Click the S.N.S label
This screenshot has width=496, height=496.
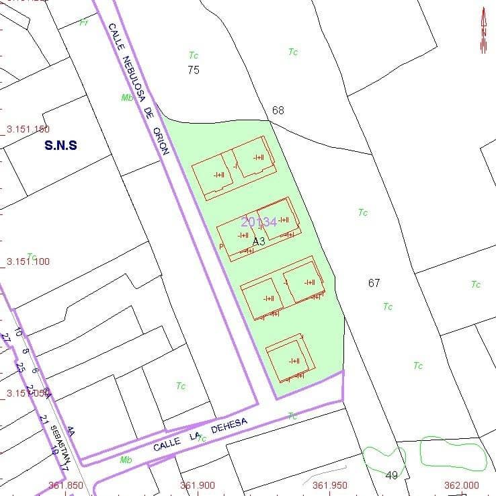60,144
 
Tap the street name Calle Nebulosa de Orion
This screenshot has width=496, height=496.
137,88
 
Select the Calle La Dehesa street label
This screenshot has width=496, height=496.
200,434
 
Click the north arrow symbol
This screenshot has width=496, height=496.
483,31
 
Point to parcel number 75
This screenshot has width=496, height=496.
194,70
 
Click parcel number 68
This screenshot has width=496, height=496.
278,110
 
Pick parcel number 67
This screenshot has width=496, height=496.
374,283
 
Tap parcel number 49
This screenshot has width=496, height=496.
392,475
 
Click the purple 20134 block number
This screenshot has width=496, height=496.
259,222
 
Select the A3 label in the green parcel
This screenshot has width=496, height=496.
259,240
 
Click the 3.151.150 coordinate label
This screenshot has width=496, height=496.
28,129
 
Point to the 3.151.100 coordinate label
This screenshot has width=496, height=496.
28,261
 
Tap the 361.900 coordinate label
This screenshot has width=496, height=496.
198,485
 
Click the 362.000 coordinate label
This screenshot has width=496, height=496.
462,485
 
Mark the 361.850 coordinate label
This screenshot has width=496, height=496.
66,485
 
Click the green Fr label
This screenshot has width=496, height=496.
84,23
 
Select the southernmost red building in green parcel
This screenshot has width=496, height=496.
290,359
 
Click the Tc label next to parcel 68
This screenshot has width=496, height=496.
293,52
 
